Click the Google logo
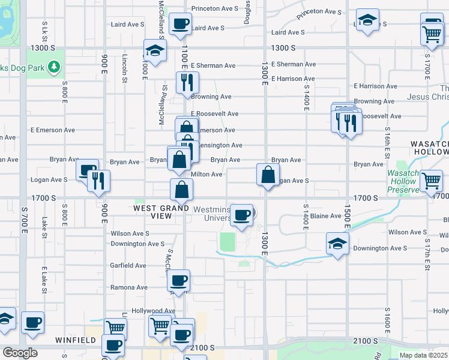[x=19, y=353]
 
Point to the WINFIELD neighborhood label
[x=76, y=340]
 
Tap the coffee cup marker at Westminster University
[x=242, y=215]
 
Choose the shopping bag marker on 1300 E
[x=268, y=175]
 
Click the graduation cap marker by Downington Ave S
[x=337, y=244]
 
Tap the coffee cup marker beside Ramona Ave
[x=178, y=280]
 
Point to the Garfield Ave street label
[x=128, y=265]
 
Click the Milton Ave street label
[x=206, y=175]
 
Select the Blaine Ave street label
[x=327, y=216]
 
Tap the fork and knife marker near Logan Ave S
[x=98, y=180]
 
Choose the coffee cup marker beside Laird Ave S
[x=181, y=25]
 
